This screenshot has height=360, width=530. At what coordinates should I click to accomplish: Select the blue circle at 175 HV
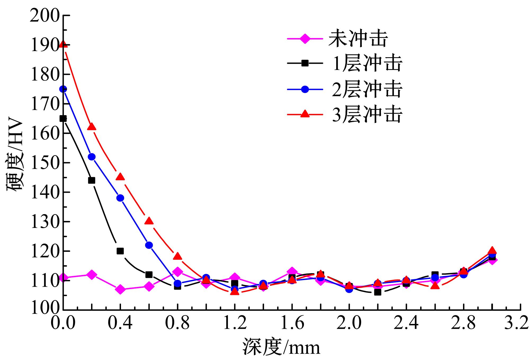(63, 89)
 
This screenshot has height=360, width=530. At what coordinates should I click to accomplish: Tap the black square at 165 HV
(63, 118)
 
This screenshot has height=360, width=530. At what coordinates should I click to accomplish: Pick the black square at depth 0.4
(120, 251)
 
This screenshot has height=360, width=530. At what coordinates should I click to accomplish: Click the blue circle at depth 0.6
(149, 245)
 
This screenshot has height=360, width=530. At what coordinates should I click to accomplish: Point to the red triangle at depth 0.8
(178, 256)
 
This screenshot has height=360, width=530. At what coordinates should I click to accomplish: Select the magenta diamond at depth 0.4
(120, 289)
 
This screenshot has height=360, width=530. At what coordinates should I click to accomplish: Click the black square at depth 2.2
(378, 292)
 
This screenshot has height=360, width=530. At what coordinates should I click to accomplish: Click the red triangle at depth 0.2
(92, 127)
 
